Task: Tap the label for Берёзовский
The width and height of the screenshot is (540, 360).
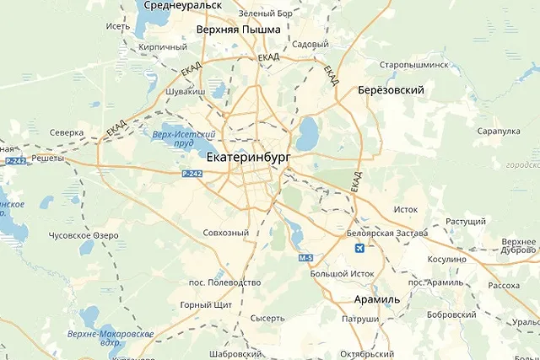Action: tap(390, 90)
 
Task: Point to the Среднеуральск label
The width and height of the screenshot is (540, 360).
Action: tap(182, 5)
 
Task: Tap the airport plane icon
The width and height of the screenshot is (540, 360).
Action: tap(361, 249)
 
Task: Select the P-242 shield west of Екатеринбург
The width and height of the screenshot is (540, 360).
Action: tap(192, 173)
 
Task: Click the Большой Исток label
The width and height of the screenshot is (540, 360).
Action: tap(341, 273)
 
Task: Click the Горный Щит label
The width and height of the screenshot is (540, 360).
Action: tap(200, 305)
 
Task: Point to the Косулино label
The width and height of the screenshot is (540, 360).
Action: tap(447, 259)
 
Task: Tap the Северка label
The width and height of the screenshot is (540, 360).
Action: tap(66, 132)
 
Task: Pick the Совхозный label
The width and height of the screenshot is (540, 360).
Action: tap(226, 233)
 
